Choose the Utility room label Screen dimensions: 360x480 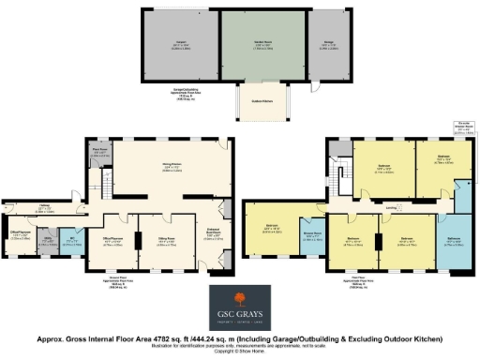48,240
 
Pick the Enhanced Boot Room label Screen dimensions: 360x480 212,225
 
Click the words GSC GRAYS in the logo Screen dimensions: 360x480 241,310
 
